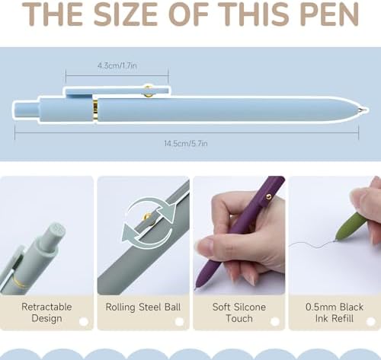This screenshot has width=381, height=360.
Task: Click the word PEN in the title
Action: point(330,14)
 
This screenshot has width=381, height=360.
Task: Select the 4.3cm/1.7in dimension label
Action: point(117,65)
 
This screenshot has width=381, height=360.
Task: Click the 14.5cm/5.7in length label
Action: point(186,144)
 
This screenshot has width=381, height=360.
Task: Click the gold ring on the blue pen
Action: point(95,110)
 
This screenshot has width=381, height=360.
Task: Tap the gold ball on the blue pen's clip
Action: point(148,91)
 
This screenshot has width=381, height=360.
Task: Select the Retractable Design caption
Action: point(46,313)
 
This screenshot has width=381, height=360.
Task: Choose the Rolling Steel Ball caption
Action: point(143,307)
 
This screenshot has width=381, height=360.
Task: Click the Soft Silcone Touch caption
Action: point(239,313)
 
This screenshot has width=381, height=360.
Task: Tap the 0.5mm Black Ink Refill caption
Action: point(335,313)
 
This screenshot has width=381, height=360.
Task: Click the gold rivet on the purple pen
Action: point(268,196)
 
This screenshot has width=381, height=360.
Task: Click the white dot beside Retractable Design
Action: point(84,322)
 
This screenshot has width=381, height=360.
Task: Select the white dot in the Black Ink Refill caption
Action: point(371,322)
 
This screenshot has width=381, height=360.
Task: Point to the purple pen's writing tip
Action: point(195,288)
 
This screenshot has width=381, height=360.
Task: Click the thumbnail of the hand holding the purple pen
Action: point(239,235)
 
